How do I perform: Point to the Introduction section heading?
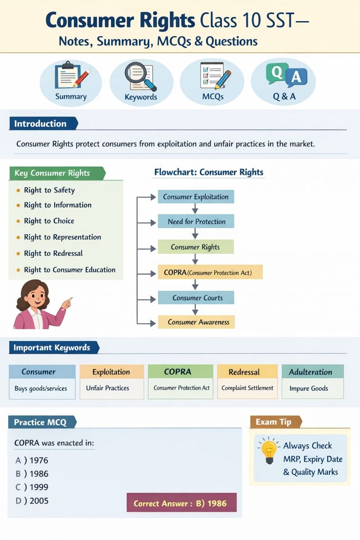point(40,124)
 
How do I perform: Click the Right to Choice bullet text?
point(49,221)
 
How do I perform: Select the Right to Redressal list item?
point(53,253)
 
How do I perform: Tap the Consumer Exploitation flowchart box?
point(196,197)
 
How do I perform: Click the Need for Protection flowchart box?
point(196,221)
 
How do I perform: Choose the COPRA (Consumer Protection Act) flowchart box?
point(210,272)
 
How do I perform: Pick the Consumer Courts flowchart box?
point(197,297)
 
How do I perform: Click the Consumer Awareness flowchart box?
point(197,322)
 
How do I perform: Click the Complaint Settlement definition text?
point(247,388)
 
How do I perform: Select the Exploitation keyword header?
point(111,372)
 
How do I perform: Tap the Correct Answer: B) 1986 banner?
point(181,503)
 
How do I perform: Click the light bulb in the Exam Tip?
point(269,451)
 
